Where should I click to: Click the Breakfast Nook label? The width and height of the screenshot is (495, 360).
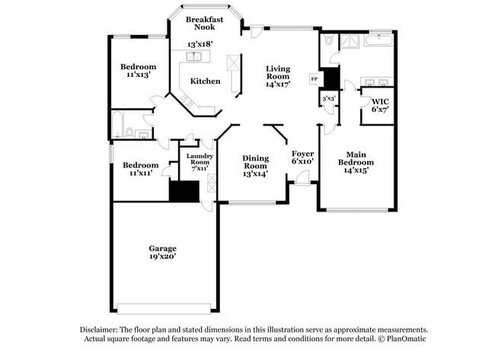click(205, 22)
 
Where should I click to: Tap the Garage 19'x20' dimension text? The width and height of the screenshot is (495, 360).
click(162, 257)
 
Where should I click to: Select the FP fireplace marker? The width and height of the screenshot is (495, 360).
click(314, 78)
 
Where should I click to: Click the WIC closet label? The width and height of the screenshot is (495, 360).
click(380, 100)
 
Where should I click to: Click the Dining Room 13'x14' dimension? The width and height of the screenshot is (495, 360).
click(255, 174)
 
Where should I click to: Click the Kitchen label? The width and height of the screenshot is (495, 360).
click(205, 81)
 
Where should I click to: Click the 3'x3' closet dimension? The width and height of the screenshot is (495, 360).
click(329, 98)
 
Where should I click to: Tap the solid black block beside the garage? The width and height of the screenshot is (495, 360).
click(183, 191)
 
